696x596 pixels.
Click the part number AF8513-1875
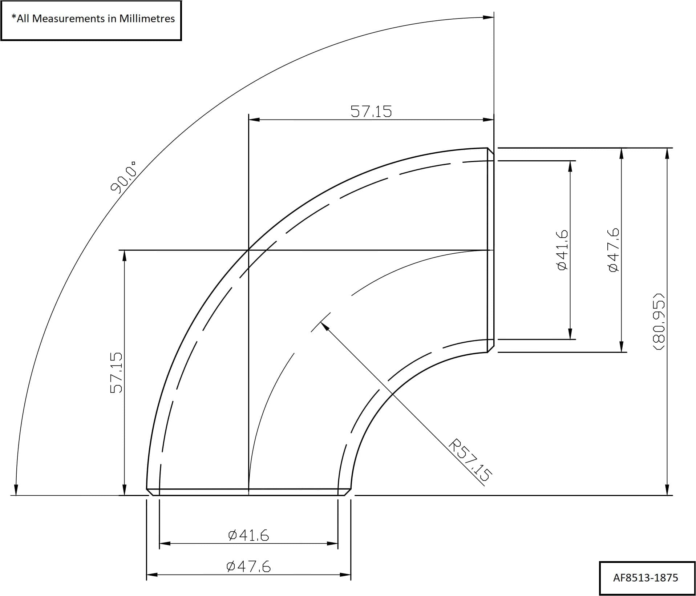coord(645,578)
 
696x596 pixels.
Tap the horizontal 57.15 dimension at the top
coord(371,111)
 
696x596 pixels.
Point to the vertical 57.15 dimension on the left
coord(116,372)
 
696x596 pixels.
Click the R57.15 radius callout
coord(471,460)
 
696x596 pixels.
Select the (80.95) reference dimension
coord(658,321)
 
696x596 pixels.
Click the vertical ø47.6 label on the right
coord(613,250)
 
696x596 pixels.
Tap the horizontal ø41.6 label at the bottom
coord(248,535)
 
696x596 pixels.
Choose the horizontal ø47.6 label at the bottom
coord(248,567)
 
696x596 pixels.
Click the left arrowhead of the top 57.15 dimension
coord(254,120)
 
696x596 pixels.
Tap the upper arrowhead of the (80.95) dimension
coord(667,153)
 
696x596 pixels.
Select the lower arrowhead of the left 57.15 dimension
coord(124,490)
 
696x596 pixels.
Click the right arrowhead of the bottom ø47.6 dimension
coord(345,575)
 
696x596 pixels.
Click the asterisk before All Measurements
coord(14,16)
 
